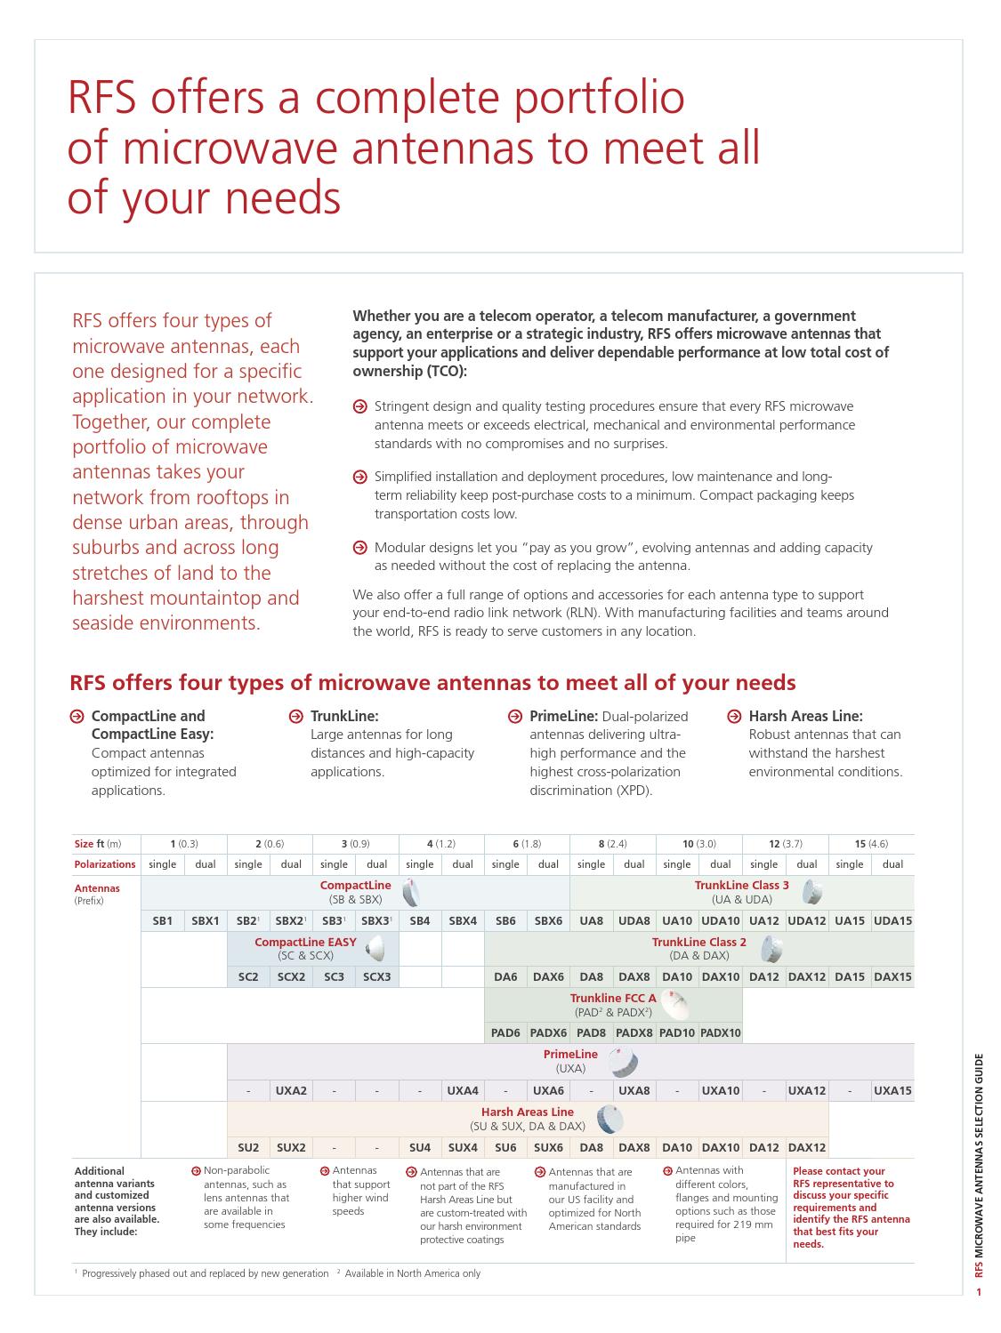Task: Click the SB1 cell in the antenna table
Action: tap(163, 921)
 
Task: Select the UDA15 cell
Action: tap(892, 921)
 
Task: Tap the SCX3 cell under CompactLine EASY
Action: tap(377, 976)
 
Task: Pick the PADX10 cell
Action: tap(721, 1032)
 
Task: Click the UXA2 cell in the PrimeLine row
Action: tap(291, 1090)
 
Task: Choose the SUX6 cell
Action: tap(548, 1147)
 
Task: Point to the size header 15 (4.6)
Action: tap(871, 843)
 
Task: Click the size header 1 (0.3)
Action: tap(184, 843)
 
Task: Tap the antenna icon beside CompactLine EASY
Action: tap(376, 948)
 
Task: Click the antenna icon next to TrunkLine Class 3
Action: tap(811, 891)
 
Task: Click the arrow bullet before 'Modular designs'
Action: tap(360, 548)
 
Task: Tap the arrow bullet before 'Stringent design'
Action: tap(360, 407)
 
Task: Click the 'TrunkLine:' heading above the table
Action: tap(344, 716)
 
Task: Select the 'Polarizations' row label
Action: tap(105, 864)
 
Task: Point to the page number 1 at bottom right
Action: tap(979, 1292)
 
